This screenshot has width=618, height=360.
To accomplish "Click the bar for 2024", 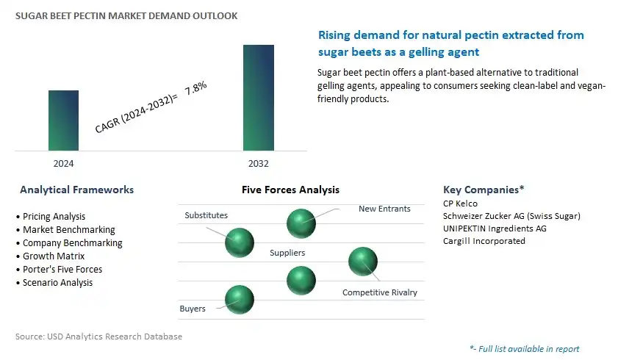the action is point(63,120).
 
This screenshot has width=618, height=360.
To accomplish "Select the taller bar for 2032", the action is point(259,98).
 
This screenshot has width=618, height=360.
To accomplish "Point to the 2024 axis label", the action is point(63,163).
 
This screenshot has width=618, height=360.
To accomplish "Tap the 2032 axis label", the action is point(259,163).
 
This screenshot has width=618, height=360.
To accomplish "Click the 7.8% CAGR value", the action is point(196,88).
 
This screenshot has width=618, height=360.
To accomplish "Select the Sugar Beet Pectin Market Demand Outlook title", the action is point(126,15).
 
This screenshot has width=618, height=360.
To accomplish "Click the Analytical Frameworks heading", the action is point(77,190).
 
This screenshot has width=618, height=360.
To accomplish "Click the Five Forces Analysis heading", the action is point(290,190).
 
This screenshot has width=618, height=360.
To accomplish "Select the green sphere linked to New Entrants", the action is point(301,223).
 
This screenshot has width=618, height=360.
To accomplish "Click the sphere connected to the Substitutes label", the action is point(240,242).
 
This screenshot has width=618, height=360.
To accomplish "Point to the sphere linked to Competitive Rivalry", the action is point(363,262).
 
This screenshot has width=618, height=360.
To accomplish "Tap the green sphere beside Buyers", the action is point(240,300).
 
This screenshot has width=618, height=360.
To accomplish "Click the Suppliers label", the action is point(287,253).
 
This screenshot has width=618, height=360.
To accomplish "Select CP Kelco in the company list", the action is point(460,204).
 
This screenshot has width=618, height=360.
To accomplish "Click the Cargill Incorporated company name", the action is point(484,241).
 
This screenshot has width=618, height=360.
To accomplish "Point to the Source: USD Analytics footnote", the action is point(98,336).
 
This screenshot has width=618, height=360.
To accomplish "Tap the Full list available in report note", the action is point(525,349).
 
